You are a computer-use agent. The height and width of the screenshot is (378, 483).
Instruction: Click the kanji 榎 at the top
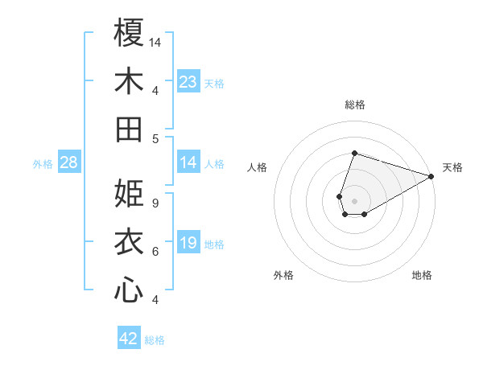click(x=129, y=33)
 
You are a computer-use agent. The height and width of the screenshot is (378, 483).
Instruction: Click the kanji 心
click(x=129, y=290)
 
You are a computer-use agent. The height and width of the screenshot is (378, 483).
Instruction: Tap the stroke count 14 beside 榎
click(x=156, y=41)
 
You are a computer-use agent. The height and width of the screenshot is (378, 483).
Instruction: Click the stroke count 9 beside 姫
click(x=155, y=203)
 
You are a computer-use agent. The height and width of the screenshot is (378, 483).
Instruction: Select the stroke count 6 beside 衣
click(x=155, y=252)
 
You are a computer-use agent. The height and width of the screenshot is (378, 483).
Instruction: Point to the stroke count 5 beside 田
click(x=155, y=138)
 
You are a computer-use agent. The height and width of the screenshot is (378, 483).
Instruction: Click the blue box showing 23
click(x=188, y=82)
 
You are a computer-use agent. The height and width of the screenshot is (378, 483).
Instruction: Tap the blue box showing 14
click(x=188, y=163)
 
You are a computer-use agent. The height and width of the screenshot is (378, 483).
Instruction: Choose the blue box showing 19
click(x=188, y=244)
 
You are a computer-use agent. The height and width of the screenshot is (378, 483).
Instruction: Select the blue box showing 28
click(x=69, y=163)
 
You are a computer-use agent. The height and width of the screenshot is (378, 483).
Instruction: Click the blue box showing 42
click(x=129, y=339)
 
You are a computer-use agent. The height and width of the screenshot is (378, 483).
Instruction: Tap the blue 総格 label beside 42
click(x=155, y=340)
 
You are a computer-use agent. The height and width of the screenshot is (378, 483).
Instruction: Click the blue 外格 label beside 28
click(x=43, y=164)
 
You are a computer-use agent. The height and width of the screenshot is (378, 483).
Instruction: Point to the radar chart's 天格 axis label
click(x=452, y=167)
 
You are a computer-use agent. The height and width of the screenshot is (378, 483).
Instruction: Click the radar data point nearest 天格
click(x=431, y=177)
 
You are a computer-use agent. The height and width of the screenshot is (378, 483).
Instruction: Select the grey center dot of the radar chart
click(x=354, y=199)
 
